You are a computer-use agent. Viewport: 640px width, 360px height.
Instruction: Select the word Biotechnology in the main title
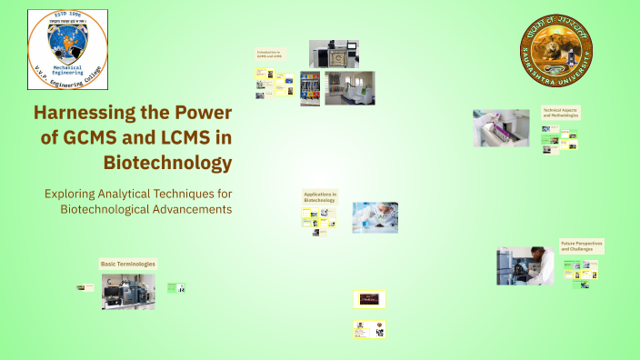[180, 164]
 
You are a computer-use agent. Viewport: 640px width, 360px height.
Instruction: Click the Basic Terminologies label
[127, 264]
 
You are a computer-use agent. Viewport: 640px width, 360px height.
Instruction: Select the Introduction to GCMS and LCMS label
[270, 55]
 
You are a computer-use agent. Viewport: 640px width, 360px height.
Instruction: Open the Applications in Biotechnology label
[320, 197]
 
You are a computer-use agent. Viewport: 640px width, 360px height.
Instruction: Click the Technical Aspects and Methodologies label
[560, 114]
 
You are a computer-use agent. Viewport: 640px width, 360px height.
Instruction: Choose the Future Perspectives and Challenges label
[581, 245]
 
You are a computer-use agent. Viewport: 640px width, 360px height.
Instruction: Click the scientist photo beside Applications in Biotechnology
[375, 217]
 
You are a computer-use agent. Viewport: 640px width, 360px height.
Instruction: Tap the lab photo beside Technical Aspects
[501, 128]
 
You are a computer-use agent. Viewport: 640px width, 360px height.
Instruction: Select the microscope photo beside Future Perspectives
[525, 266]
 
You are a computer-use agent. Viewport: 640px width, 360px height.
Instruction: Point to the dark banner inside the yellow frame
[369, 298]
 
